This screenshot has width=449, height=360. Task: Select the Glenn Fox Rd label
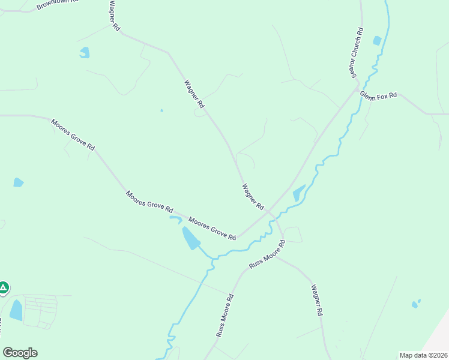click(x=378, y=95)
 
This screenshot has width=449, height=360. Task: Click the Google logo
click(x=20, y=353)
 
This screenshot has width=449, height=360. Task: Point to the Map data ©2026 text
click(x=423, y=355)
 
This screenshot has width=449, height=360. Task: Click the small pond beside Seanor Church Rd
click(x=377, y=41)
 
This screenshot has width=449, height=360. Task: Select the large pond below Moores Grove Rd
click(x=190, y=238)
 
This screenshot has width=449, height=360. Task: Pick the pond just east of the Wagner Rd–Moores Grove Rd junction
click(x=298, y=193)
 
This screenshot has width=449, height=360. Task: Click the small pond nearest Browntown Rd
click(x=85, y=53)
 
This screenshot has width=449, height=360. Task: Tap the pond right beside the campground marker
click(x=16, y=310)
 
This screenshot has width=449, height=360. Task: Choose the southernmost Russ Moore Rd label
click(x=224, y=314)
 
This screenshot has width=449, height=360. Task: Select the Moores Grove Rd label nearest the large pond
click(x=212, y=228)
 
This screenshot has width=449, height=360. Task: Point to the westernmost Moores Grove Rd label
click(x=73, y=134)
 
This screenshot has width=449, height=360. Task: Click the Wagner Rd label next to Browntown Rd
click(x=115, y=16)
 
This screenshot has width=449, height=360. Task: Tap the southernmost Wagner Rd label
click(x=317, y=300)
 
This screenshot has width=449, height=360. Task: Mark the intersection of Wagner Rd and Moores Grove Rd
click(x=271, y=213)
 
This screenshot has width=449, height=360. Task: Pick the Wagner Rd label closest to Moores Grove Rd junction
click(x=253, y=196)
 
